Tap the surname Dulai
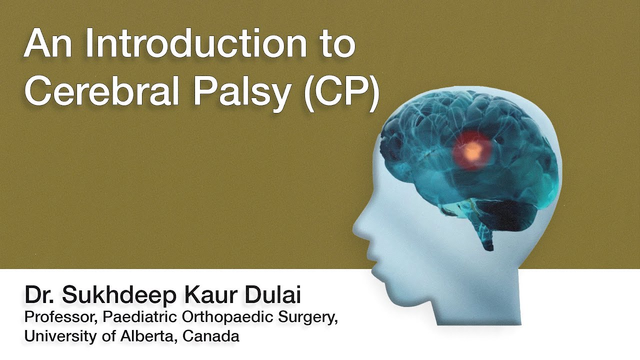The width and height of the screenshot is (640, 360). (x=272, y=295)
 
